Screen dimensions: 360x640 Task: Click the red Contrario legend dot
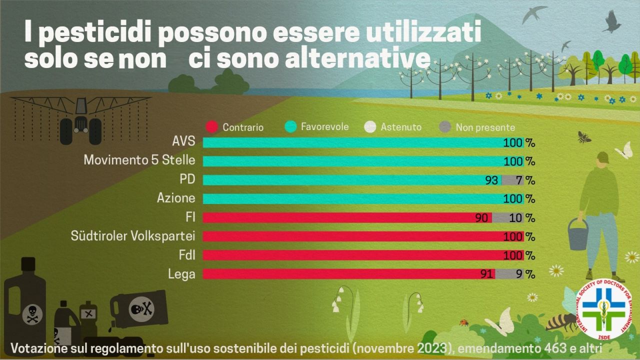[x=211, y=127]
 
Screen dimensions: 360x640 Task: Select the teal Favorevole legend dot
[x=290, y=127]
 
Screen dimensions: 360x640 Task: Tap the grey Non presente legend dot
[x=445, y=127]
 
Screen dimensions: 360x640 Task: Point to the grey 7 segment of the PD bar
[x=512, y=180]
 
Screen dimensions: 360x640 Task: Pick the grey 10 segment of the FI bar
[x=507, y=217]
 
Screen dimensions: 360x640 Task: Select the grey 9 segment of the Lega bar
[x=509, y=273]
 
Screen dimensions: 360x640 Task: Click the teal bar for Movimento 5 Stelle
[x=350, y=161]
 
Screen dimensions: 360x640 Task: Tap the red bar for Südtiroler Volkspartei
[x=350, y=236]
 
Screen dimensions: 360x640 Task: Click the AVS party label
[x=183, y=142]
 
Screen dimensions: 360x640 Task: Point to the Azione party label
[x=176, y=198]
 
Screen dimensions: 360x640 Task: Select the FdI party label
[x=186, y=255]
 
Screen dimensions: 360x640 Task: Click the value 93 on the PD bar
[x=491, y=180]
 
